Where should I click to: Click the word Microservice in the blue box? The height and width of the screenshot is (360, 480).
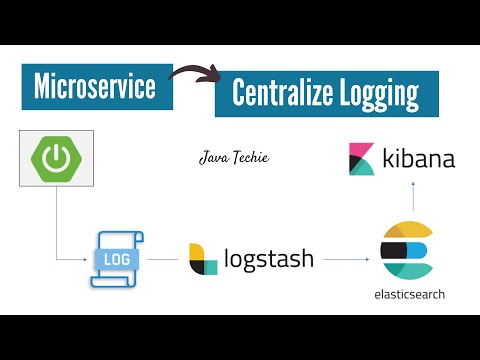[95, 87]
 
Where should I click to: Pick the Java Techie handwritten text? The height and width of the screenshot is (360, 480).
[234, 157]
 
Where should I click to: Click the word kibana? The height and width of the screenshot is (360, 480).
[417, 158]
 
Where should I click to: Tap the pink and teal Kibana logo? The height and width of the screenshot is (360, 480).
[361, 159]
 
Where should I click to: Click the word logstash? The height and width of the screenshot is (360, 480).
[269, 259]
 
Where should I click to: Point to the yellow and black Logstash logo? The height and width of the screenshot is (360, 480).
[204, 258]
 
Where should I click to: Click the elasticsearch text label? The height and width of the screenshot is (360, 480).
[408, 295]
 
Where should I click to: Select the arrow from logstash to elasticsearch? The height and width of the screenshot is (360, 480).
[345, 259]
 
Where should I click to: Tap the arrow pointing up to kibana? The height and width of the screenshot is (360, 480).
[407, 198]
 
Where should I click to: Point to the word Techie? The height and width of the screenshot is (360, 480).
[250, 157]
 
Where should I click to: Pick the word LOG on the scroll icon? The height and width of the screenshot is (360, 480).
[116, 257]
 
